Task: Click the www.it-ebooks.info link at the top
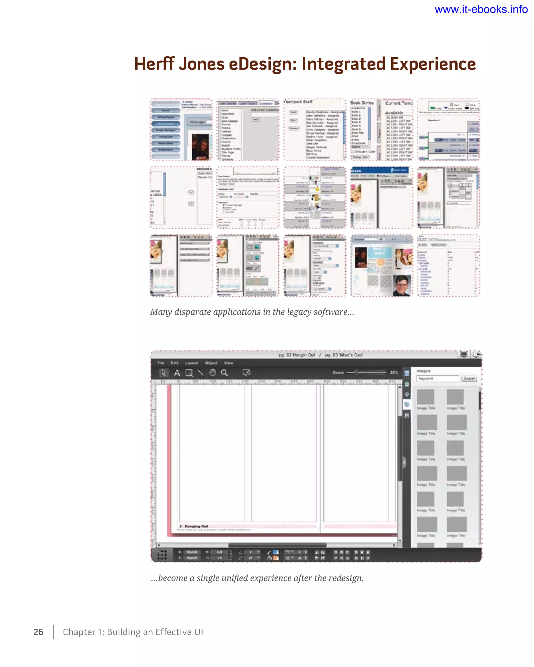coord(481,10)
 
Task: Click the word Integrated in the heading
coord(343,64)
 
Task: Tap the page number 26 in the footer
coord(38,632)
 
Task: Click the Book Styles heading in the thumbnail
coord(362,103)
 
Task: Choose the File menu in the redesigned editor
coord(161,363)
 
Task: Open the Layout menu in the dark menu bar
coord(191,363)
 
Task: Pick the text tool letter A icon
coord(177,373)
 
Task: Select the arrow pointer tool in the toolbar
coord(163,373)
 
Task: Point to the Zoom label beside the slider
coord(338,373)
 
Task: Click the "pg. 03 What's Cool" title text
coord(344,355)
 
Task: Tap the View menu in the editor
coord(228,363)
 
